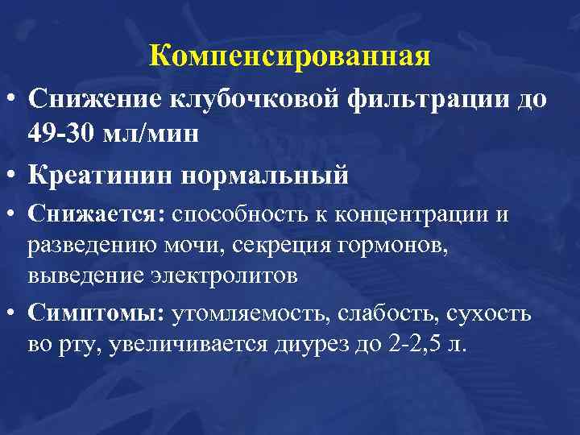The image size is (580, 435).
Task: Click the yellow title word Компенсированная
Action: click(290, 56)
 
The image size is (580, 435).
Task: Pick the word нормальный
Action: click(266, 175)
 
